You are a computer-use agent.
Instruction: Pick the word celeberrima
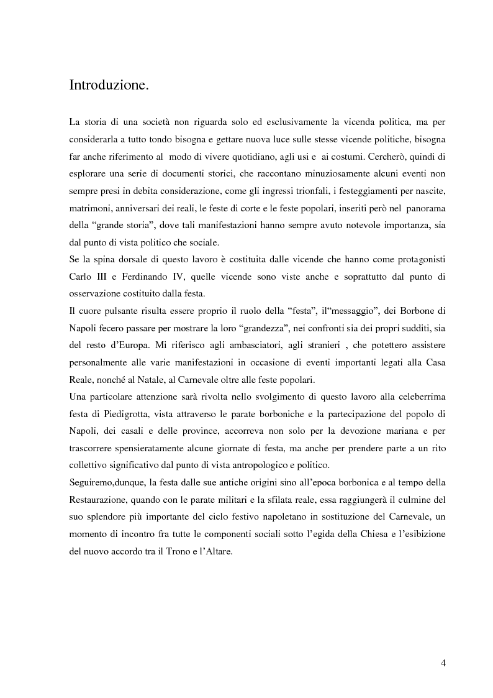pyautogui.click(x=416, y=397)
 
